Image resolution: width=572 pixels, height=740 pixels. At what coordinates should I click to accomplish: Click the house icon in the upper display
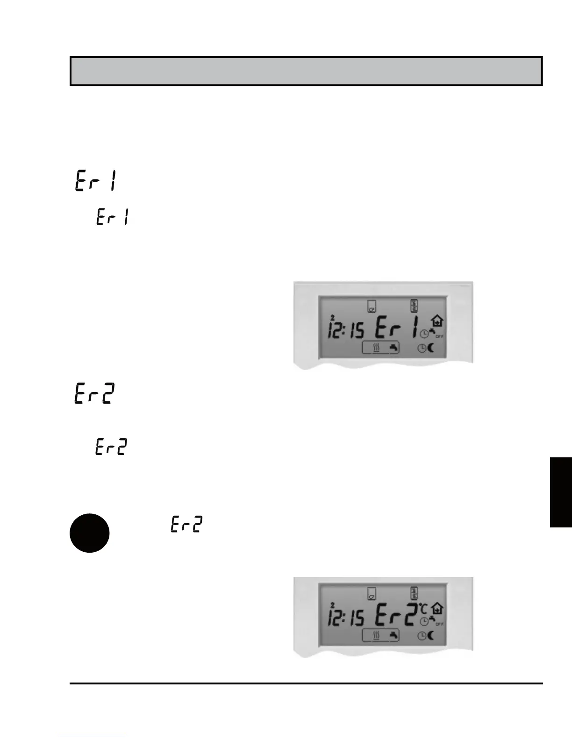click(438, 321)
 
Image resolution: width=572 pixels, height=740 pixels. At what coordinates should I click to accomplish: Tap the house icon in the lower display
click(438, 608)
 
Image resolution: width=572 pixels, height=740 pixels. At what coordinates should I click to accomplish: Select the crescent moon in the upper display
click(430, 348)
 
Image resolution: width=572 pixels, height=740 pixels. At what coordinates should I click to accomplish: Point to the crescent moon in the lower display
click(430, 635)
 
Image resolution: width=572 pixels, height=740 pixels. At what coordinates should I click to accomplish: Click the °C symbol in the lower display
click(423, 608)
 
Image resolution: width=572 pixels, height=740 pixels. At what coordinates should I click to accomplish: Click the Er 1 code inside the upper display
click(397, 328)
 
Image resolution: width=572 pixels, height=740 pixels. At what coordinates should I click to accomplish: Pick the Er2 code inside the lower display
click(395, 616)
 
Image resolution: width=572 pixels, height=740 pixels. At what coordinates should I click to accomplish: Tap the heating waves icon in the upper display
click(376, 348)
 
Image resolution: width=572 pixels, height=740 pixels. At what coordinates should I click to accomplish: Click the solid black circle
click(90, 533)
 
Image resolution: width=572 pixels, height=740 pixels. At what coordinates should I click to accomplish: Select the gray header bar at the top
click(306, 71)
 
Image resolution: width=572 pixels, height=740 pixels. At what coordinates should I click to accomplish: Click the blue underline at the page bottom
click(93, 736)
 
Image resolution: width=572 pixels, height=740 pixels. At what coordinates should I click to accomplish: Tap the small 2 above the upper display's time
click(332, 317)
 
